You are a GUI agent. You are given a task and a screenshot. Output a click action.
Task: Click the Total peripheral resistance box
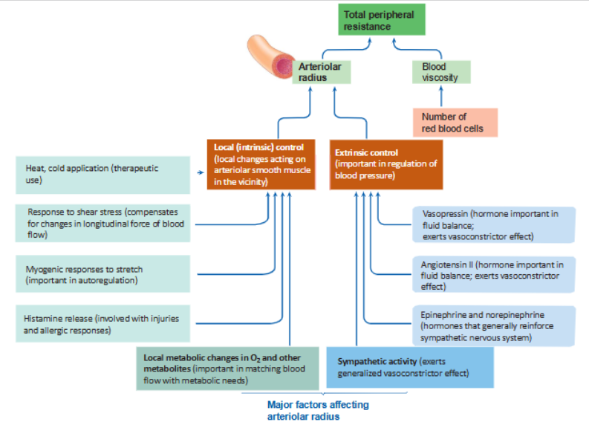pos(383,21)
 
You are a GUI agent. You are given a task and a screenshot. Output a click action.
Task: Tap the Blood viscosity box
pos(440,72)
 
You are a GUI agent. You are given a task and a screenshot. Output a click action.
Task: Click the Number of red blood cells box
pos(454,123)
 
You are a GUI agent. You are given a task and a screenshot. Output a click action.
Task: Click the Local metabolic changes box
pos(227,367)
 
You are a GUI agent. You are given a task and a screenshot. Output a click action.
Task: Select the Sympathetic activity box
pos(410,367)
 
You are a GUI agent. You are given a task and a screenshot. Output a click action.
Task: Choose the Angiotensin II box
pos(494,274)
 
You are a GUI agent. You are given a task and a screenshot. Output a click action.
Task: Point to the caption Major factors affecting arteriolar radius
pos(317,410)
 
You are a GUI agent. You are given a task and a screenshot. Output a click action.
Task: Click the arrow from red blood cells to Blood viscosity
pos(440,97)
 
